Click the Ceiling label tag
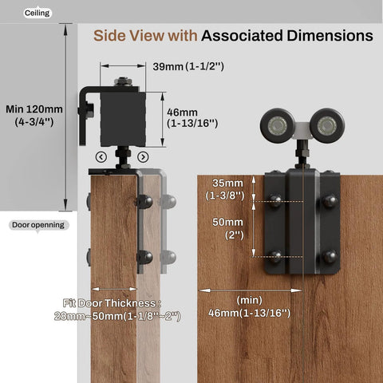tap(37, 13)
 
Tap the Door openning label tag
tap(38, 224)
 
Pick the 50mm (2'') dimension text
tap(228, 229)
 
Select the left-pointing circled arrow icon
tap(101, 156)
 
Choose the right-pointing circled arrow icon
tap(143, 156)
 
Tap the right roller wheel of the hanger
tap(326, 125)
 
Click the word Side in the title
tap(112, 36)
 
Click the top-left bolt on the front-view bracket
tap(275, 203)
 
